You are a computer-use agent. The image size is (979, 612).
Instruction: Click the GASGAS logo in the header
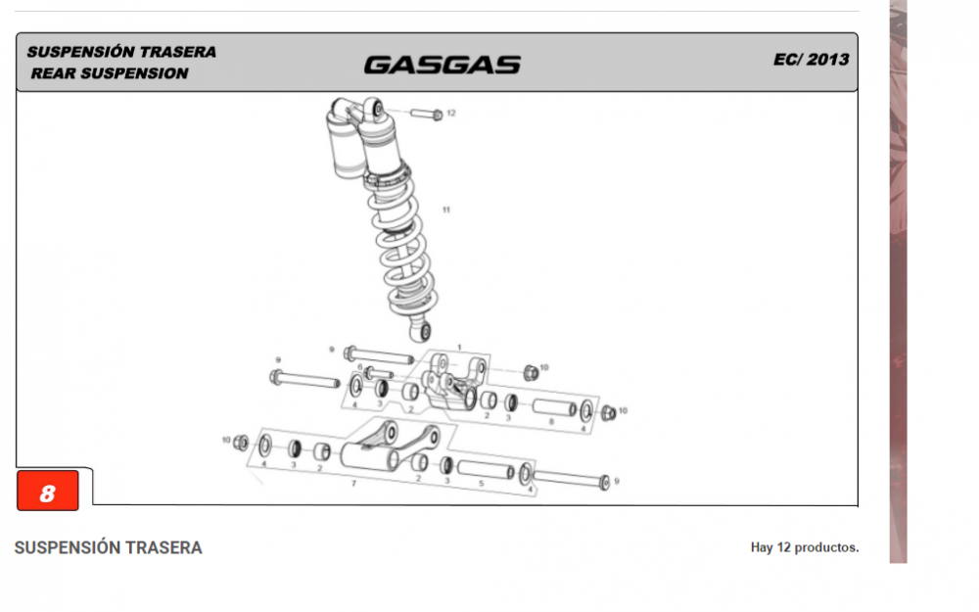point(442,65)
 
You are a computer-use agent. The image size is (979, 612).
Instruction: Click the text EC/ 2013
point(811,59)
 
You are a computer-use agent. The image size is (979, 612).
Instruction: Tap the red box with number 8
point(47,493)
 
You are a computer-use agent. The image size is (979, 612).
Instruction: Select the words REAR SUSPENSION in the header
point(109,73)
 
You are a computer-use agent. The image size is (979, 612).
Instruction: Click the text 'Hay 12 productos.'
point(804,547)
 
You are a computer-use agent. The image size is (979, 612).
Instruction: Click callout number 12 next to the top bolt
point(450,114)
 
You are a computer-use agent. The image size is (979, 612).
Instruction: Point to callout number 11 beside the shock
point(446,211)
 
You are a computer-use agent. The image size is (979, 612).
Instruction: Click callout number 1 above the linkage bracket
point(458,348)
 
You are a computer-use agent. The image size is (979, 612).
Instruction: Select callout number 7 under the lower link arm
point(354,483)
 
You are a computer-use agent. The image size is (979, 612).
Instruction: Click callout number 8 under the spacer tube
point(550,421)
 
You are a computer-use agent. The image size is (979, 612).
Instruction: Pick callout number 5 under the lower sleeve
point(482,483)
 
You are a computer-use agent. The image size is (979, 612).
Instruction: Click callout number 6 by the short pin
point(360,367)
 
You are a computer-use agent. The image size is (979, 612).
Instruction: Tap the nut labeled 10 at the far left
point(242,443)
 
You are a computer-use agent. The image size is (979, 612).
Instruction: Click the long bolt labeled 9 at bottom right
point(571,480)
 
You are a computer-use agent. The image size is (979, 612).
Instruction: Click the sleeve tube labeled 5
point(486,470)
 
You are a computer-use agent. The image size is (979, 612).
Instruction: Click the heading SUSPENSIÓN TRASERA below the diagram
point(108,548)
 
